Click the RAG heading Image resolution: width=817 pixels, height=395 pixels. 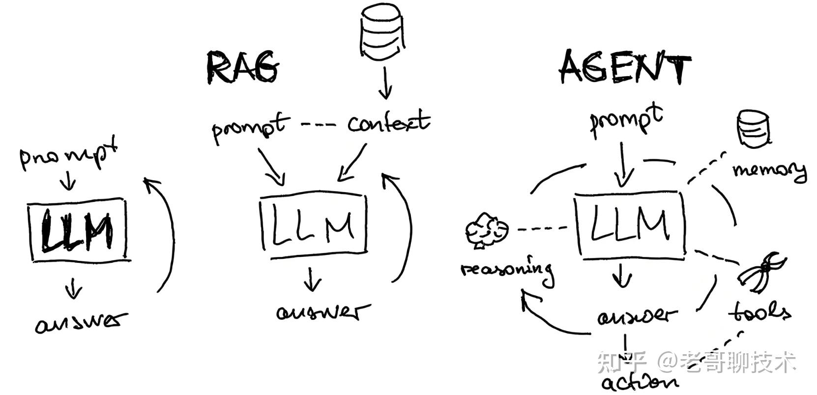tap(243, 67)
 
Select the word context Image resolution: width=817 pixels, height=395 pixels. tap(388, 122)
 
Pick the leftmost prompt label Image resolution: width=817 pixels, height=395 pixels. tap(69, 154)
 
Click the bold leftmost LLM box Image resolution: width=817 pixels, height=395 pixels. tap(78, 229)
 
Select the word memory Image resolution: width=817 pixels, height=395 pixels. tap(769, 170)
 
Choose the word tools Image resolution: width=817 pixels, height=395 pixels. tap(759, 311)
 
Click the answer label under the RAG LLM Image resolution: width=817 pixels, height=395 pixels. tap(322, 312)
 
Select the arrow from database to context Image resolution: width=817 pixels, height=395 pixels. tap(385, 83)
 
